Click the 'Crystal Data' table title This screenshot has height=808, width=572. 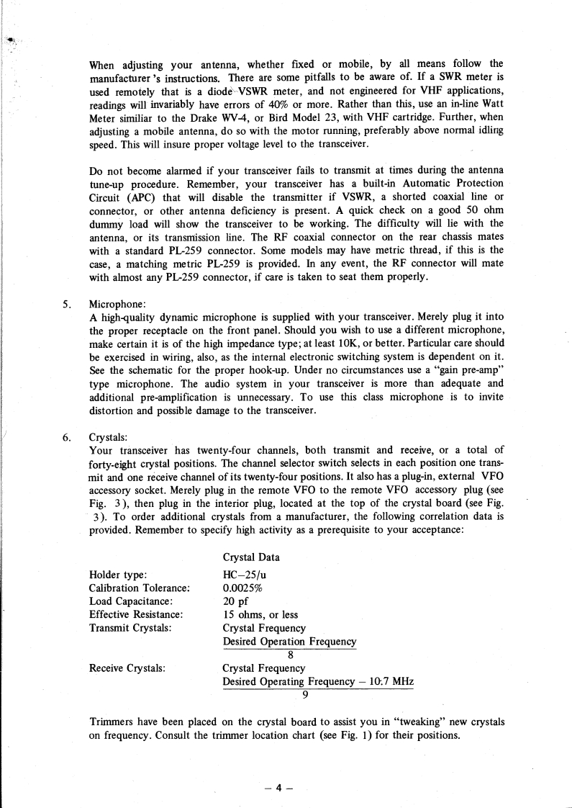coord(251,557)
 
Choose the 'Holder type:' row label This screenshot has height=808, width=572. coord(118,574)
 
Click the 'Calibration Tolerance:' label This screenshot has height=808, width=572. coord(139,588)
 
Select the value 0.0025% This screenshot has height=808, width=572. coord(247,588)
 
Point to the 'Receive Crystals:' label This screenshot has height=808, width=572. coord(127,668)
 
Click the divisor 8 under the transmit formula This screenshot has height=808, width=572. coord(290,655)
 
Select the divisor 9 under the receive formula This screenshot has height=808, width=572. coord(306,694)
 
